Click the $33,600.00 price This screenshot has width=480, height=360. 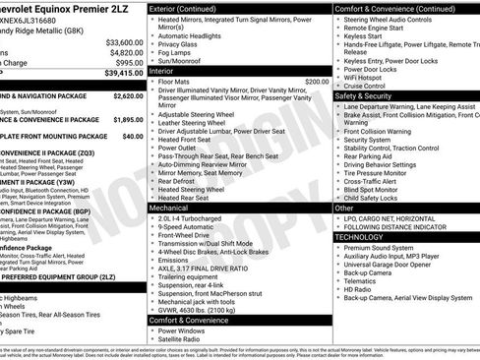[124, 42]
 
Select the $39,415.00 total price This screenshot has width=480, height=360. [122, 73]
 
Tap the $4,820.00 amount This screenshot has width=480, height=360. [126, 52]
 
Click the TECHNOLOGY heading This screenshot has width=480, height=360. [359, 237]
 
